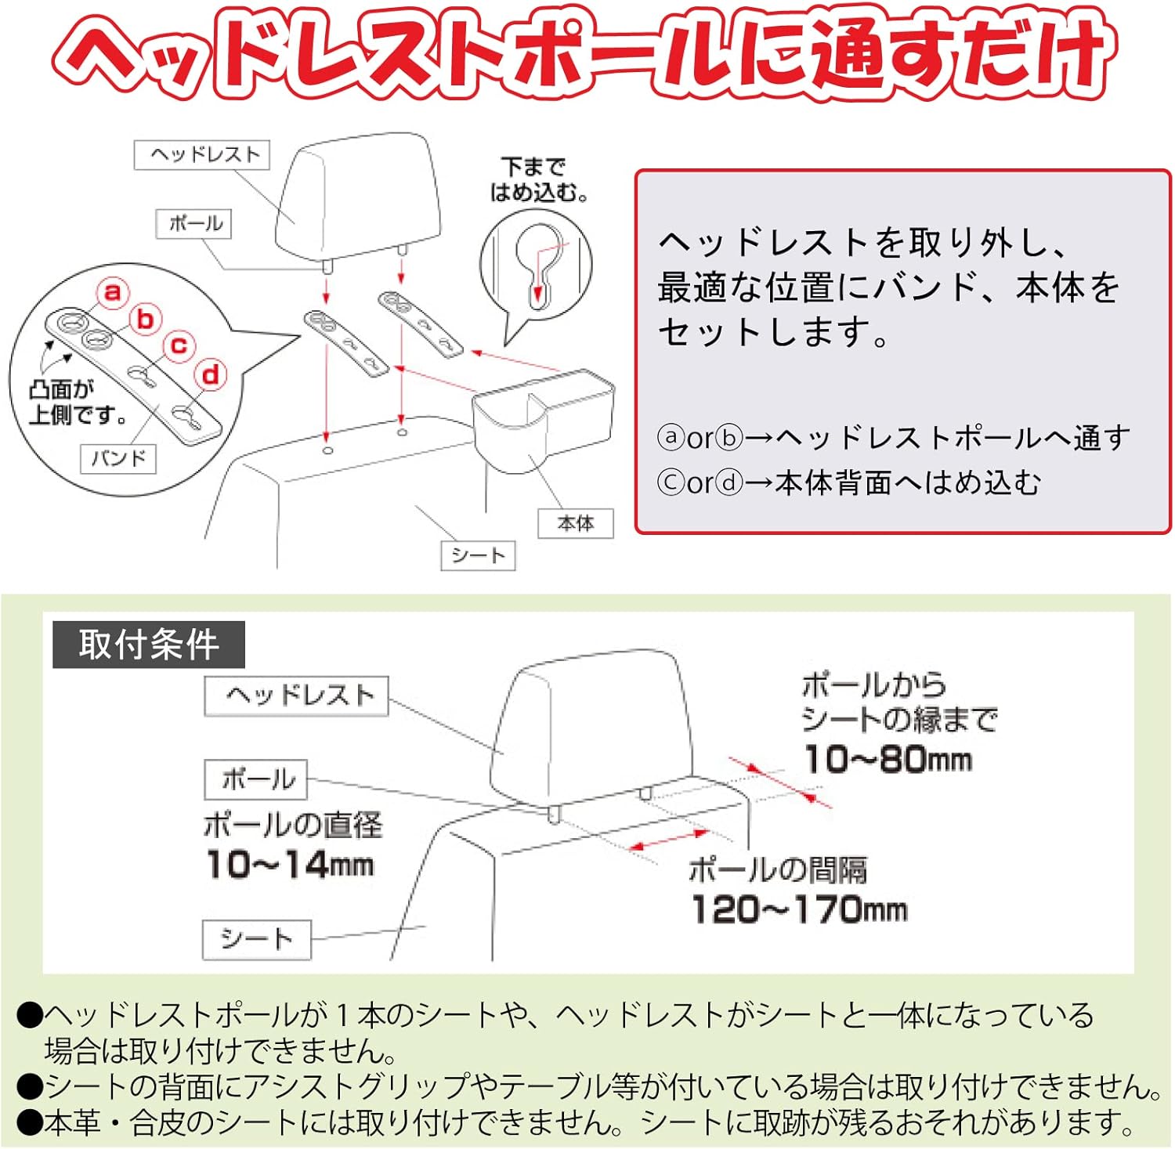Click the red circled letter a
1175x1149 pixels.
click(113, 292)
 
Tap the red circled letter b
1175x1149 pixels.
click(146, 319)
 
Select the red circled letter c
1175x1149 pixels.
click(179, 345)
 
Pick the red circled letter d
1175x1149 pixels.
click(211, 374)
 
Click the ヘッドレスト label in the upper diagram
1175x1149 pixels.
click(202, 154)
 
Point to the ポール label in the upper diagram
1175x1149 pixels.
click(194, 223)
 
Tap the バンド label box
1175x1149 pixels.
click(118, 458)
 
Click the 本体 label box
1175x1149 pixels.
click(576, 523)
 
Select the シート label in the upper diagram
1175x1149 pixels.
click(478, 555)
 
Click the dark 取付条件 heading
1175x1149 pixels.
click(149, 645)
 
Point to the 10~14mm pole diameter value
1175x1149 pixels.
click(290, 865)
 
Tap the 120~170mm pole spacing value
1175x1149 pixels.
click(799, 909)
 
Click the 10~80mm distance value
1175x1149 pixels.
click(888, 759)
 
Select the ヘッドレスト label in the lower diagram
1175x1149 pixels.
click(297, 696)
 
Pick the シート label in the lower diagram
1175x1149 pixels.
click(257, 939)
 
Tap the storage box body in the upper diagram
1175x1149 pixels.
click(540, 415)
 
